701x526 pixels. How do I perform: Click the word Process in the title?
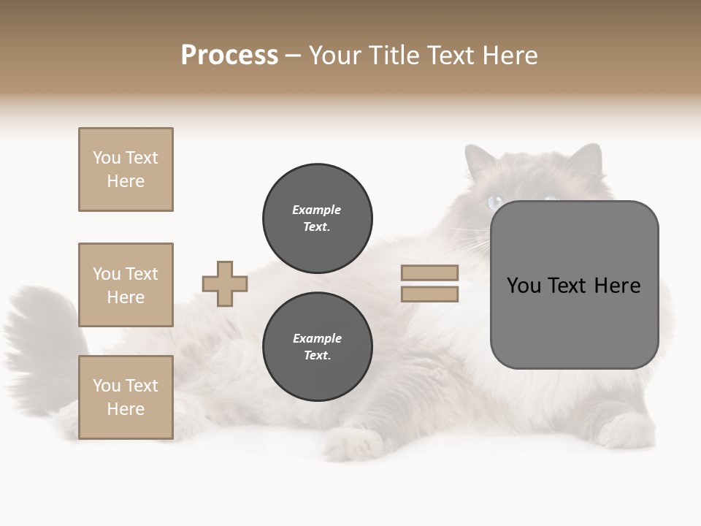(229, 56)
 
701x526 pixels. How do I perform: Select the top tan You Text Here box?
(126, 169)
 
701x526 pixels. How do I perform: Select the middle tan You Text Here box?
(126, 285)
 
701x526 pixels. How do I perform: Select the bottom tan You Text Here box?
(126, 397)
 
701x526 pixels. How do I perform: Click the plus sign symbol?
(225, 283)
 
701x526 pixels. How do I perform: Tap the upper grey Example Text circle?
(317, 218)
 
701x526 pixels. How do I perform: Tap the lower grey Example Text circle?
(317, 347)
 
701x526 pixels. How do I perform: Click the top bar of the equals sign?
(429, 272)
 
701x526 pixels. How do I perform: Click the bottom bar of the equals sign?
(429, 294)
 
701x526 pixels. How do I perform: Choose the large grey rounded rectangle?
(574, 285)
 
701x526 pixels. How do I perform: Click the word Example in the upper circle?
(317, 210)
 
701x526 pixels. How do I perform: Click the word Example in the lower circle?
(317, 338)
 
